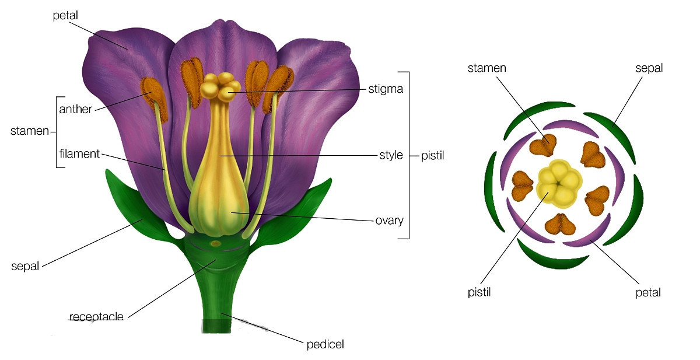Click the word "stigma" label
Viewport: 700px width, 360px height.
click(x=386, y=89)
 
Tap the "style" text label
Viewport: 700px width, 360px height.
click(x=391, y=155)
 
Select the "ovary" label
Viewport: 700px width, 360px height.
click(x=390, y=221)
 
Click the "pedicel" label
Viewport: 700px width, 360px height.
click(x=325, y=344)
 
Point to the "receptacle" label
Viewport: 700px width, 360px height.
click(x=96, y=317)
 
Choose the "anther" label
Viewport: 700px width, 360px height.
click(x=76, y=109)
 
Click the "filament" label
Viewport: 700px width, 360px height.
click(x=79, y=154)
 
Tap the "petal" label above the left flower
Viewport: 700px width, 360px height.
click(x=65, y=16)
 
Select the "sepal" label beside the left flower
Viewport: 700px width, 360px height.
click(x=25, y=266)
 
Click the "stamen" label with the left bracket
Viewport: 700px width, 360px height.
click(x=29, y=131)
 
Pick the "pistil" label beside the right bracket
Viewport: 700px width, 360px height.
click(x=432, y=156)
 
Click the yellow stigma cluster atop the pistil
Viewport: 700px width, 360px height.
click(x=220, y=87)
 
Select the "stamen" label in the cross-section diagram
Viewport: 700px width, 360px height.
click(x=487, y=68)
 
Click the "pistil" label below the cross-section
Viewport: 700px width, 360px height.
click(x=479, y=292)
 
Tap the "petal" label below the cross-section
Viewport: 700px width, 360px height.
click(x=648, y=293)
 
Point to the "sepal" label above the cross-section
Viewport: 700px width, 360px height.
click(x=649, y=68)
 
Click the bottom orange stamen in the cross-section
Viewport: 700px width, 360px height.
click(x=560, y=224)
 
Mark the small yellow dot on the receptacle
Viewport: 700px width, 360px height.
click(x=216, y=243)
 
